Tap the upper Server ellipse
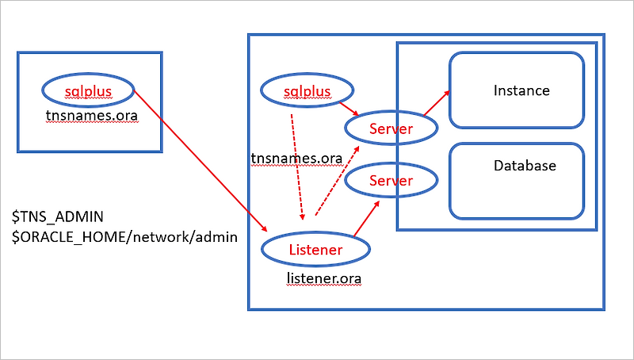(x=391, y=127)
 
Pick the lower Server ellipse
(x=391, y=181)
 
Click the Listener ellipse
(x=315, y=250)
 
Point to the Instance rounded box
(x=517, y=90)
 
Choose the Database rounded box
(x=517, y=181)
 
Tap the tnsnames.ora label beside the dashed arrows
(x=296, y=159)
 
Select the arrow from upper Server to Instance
(x=437, y=103)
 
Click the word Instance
(x=521, y=90)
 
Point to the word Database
(x=525, y=166)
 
